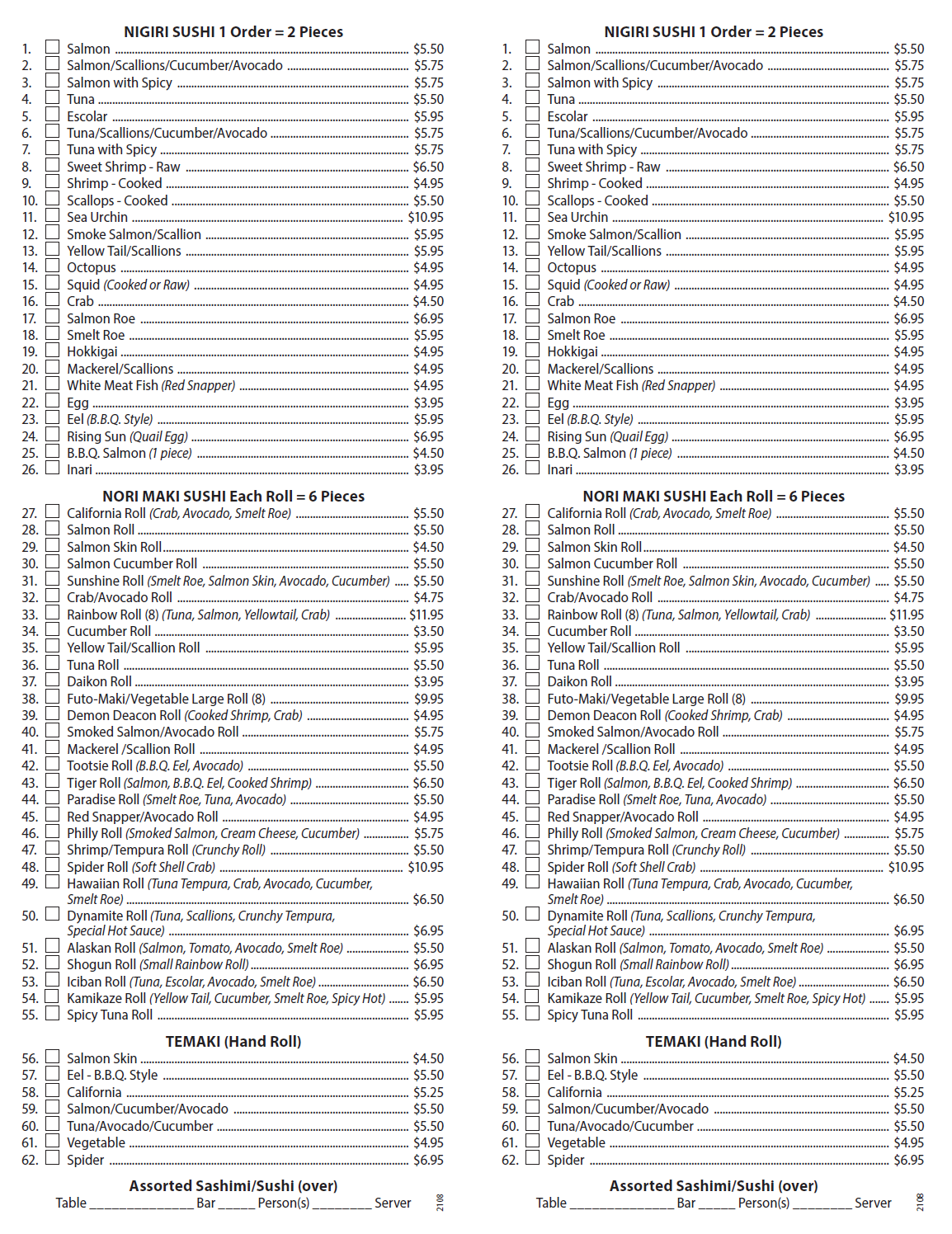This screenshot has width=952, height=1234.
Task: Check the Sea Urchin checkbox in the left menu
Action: tap(52, 216)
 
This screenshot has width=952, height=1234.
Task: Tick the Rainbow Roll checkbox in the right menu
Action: tap(533, 614)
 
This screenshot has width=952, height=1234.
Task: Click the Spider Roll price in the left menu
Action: tap(426, 867)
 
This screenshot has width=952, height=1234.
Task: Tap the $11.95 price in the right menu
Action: tap(907, 615)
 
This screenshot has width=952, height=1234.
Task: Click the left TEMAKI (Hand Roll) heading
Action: tap(233, 1041)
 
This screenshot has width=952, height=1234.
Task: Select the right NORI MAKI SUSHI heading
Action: tap(714, 496)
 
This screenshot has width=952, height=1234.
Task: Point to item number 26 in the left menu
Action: tap(30, 469)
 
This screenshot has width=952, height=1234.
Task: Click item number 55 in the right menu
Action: tap(510, 1015)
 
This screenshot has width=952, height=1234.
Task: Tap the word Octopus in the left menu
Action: tap(92, 267)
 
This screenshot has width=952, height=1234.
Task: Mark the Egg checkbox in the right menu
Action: tap(533, 402)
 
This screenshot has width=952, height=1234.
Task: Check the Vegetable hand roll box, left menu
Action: tap(52, 1142)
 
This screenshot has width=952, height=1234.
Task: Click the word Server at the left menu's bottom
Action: tap(393, 1203)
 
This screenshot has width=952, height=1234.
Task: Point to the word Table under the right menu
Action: tap(551, 1203)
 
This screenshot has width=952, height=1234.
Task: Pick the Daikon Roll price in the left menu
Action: tap(428, 681)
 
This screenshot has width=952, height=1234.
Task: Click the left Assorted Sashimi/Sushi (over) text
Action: tap(233, 1185)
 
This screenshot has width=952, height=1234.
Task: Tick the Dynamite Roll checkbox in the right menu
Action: tap(533, 914)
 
